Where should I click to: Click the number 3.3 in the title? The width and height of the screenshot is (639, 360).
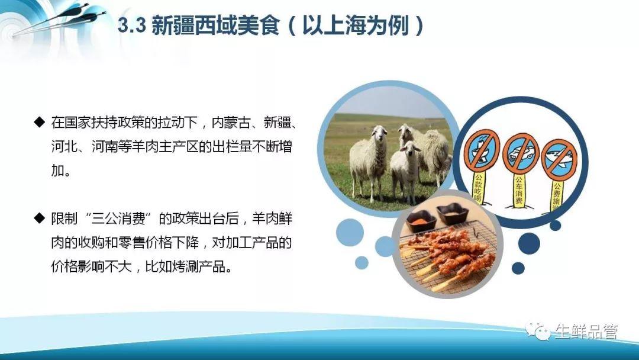pyautogui.click(x=131, y=25)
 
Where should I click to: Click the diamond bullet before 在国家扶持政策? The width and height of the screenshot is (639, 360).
pyautogui.click(x=40, y=122)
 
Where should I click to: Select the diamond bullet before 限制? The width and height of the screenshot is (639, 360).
pyautogui.click(x=40, y=218)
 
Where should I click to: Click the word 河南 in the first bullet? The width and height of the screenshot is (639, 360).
pyautogui.click(x=105, y=146)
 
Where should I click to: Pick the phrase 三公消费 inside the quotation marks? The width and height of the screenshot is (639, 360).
pyautogui.click(x=118, y=218)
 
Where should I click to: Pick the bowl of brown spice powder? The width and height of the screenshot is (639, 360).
pyautogui.click(x=453, y=213)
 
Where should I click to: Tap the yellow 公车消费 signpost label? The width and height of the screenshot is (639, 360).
pyautogui.click(x=518, y=191)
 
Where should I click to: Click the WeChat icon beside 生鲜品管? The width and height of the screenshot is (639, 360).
pyautogui.click(x=538, y=330)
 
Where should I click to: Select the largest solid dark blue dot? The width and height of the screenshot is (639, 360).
pyautogui.click(x=529, y=243)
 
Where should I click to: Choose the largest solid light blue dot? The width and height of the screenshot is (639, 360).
pyautogui.click(x=350, y=232)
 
